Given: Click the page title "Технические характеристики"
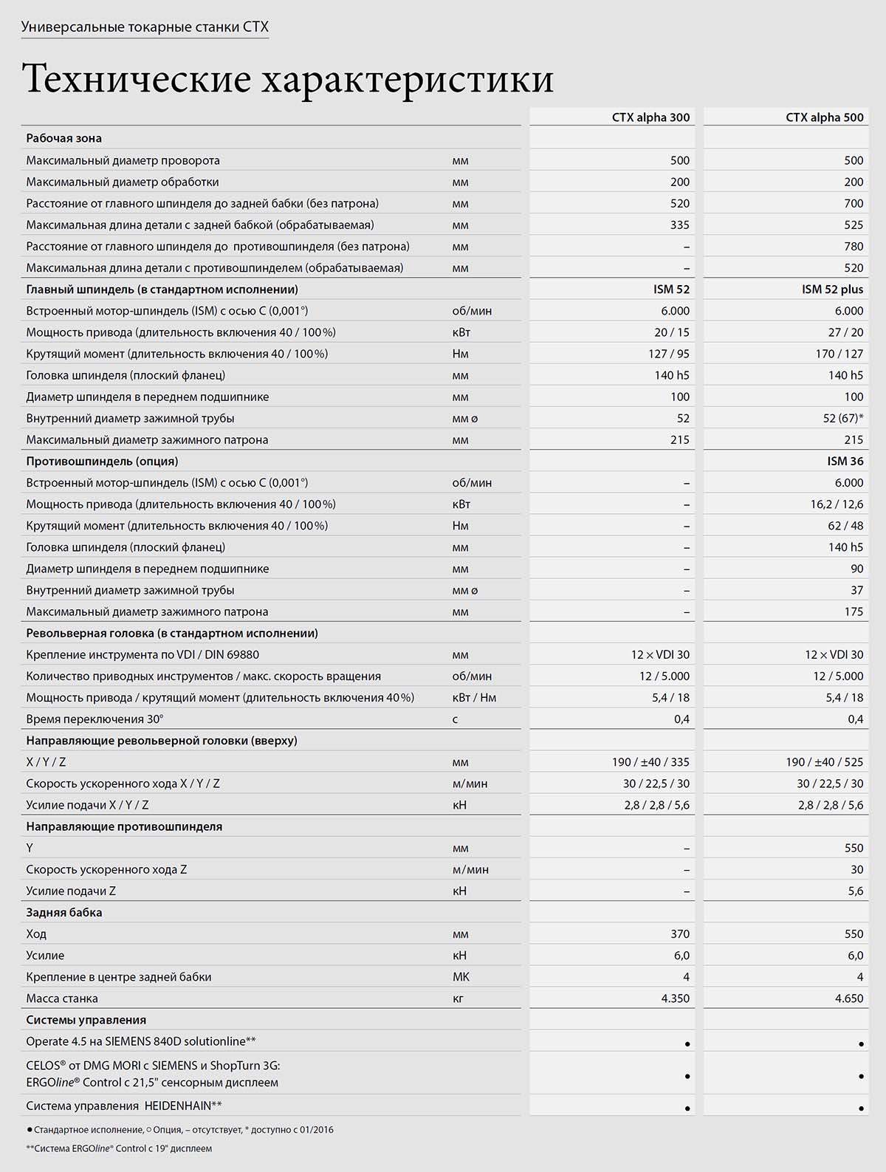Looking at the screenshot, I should (x=288, y=79).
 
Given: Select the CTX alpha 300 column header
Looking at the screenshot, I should (x=650, y=117).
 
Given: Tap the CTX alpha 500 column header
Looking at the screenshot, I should (x=824, y=117).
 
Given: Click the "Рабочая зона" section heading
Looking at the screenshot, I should (x=64, y=138).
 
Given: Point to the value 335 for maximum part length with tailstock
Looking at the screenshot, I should (x=679, y=225).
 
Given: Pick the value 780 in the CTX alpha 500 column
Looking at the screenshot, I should (x=853, y=246).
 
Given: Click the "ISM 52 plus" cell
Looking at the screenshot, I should (x=832, y=289).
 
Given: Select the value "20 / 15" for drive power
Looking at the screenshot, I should (x=671, y=332).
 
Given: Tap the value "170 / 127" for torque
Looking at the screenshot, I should (x=839, y=354).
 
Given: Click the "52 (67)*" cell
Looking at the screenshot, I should (x=842, y=418).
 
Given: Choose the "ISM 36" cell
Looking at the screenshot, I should (x=845, y=461).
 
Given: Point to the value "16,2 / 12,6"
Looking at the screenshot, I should (x=837, y=504).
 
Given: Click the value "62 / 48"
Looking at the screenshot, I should (x=845, y=526).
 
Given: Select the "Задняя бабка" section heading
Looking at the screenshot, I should (x=64, y=912).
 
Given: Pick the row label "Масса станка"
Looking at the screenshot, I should (x=62, y=998).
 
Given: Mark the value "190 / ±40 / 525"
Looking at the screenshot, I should (x=824, y=762).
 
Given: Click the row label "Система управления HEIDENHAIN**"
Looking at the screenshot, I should (x=124, y=1106).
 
